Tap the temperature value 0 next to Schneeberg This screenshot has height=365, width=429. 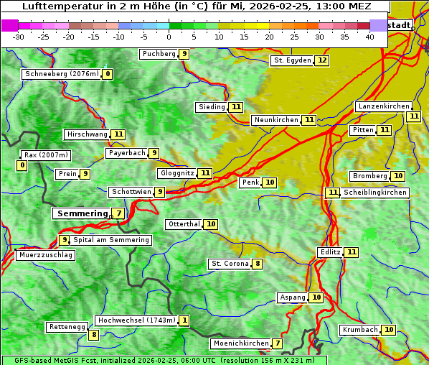click(x=108, y=74)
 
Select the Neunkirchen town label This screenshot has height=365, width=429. click(x=275, y=120)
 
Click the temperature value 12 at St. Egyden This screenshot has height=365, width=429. click(x=322, y=60)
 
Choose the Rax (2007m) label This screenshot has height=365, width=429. click(x=45, y=155)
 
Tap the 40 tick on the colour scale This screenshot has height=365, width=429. click(x=369, y=37)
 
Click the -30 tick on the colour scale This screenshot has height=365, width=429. click(x=19, y=37)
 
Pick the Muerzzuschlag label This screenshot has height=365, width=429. click(x=45, y=255)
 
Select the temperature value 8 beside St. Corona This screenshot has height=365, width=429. click(x=258, y=264)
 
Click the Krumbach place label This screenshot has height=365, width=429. click(x=359, y=330)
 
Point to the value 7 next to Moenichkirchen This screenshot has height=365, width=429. click(x=278, y=343)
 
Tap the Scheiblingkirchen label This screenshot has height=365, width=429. click(x=375, y=193)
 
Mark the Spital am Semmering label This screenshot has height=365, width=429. click(x=111, y=240)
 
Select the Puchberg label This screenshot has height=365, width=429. click(x=159, y=54)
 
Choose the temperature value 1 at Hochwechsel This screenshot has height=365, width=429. click(x=184, y=320)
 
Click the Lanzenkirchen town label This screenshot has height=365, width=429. click(x=383, y=106)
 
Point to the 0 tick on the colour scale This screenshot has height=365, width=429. click(x=169, y=37)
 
